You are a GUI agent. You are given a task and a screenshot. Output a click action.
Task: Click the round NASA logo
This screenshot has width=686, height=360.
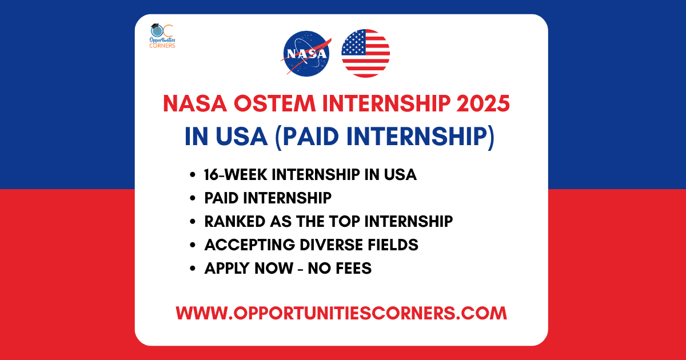306,54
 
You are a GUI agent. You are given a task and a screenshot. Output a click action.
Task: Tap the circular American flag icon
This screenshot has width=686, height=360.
366,53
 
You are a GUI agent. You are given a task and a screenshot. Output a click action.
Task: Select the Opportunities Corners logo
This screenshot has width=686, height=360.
162,36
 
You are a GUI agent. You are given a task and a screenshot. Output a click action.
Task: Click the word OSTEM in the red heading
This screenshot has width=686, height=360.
275,103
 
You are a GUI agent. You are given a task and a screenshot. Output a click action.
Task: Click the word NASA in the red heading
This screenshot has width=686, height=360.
195,103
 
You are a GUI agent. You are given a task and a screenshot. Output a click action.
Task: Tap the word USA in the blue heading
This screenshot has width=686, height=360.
241,137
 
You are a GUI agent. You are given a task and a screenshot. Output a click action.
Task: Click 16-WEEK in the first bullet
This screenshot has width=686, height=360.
235,174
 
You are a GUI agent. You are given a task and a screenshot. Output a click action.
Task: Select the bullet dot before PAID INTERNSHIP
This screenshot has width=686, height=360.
192,198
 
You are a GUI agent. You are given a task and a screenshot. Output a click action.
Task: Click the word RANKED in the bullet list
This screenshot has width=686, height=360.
234,221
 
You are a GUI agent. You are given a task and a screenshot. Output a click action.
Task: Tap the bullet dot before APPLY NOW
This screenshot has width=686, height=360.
192,269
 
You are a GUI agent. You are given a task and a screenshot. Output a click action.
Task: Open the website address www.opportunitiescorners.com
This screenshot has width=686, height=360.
341,313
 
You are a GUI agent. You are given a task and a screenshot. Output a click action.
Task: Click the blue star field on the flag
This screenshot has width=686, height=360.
353,43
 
